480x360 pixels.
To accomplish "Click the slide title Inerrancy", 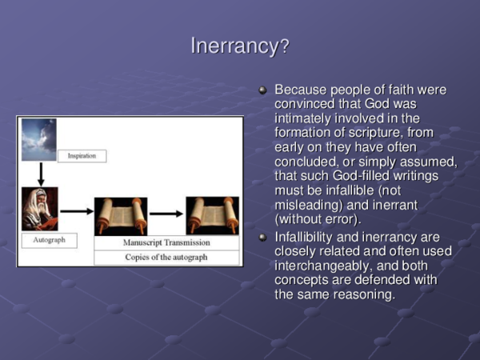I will [234, 46].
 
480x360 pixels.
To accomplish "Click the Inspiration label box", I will [82, 155].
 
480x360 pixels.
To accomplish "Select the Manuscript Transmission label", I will [166, 242].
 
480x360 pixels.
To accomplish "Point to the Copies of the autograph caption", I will [166, 257].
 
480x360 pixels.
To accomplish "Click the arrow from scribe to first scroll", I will [77, 211].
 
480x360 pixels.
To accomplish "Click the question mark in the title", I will [284, 47].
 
